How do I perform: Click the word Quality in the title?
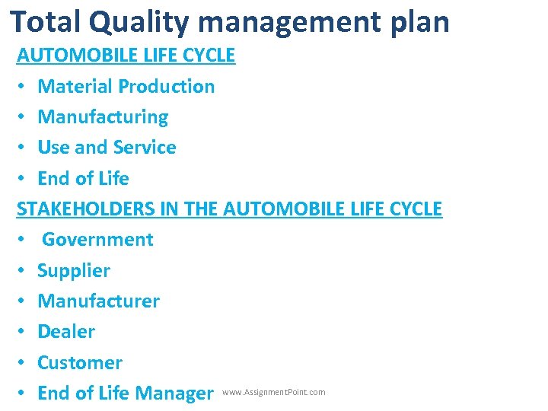pyautogui.click(x=136, y=22)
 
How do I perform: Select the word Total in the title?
pyautogui.click(x=46, y=22)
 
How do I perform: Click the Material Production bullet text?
pyautogui.click(x=126, y=86)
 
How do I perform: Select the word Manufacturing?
pyautogui.click(x=103, y=116)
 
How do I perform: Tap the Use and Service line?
pyautogui.click(x=107, y=147)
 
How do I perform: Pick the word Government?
pyautogui.click(x=97, y=239)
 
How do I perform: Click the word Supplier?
pyautogui.click(x=74, y=270)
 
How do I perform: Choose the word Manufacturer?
pyautogui.click(x=98, y=301)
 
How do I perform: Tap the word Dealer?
pyautogui.click(x=66, y=331)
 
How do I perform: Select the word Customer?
pyautogui.click(x=80, y=362)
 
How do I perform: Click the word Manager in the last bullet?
pyautogui.click(x=174, y=393)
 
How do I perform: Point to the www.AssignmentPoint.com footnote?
pyautogui.click(x=273, y=393)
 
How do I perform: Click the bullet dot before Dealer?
pyautogui.click(x=24, y=332)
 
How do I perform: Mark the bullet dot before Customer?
pyautogui.click(x=24, y=363)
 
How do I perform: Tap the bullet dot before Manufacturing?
pyautogui.click(x=24, y=117)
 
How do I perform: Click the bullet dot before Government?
pyautogui.click(x=24, y=240)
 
